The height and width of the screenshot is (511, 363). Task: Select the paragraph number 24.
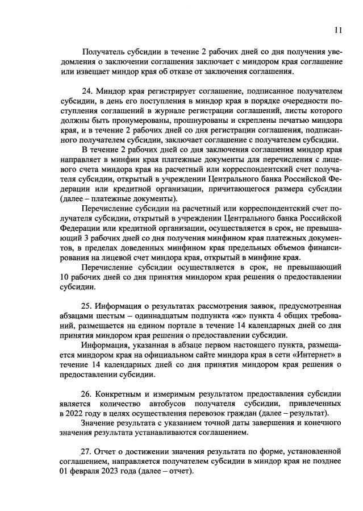point(88,90)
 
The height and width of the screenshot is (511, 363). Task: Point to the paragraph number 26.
point(88,393)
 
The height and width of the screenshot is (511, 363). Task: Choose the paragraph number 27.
point(88,451)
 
